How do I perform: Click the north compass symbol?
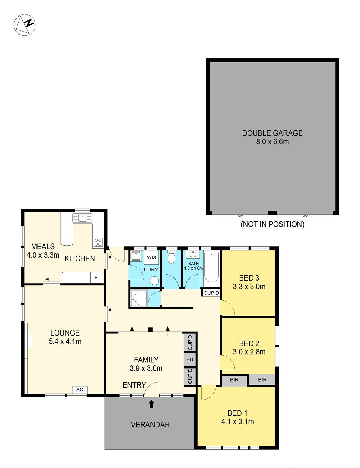point(24,25)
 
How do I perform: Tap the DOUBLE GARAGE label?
point(272,133)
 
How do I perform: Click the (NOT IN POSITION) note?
point(272,224)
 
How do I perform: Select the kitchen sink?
point(82,218)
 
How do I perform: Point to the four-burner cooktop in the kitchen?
point(98,242)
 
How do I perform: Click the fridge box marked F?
point(96,278)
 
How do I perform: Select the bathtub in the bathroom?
point(212,267)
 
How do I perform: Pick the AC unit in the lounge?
point(80,390)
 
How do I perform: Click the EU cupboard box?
point(190,359)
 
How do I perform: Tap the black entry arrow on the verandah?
point(152,404)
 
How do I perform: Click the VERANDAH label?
point(150,425)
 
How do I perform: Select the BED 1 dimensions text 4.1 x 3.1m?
point(238,421)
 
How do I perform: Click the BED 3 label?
point(249,278)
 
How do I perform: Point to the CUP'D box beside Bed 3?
point(211,293)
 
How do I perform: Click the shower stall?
point(139,298)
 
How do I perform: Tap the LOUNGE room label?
point(65,333)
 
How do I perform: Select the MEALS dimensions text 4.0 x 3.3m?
point(43,255)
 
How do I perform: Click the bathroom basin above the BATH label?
point(193,254)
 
